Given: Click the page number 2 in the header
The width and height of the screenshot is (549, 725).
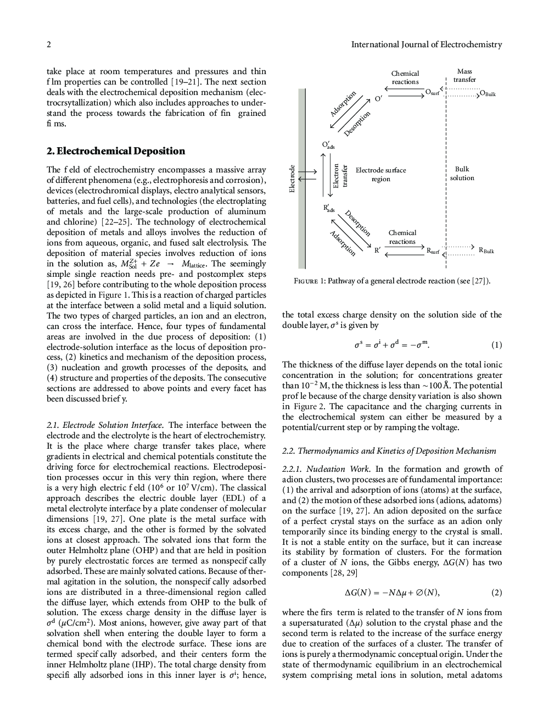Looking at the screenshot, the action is coord(49,44).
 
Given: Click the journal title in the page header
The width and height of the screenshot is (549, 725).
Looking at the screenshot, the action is coord(426,44).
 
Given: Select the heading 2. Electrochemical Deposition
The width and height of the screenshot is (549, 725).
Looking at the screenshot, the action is coord(116,151).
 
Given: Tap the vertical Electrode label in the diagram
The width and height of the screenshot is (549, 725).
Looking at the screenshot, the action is coord(293,179).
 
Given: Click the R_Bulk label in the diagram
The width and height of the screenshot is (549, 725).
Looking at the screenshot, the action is coord(486,250).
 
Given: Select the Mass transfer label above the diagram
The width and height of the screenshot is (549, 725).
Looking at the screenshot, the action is coord(464,76).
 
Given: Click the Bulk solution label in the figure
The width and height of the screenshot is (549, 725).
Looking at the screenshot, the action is coord(462,174).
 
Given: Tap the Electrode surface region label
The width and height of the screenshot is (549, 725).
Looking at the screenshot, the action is coord(380,174).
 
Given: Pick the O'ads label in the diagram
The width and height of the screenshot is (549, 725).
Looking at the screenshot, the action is coord(328,145).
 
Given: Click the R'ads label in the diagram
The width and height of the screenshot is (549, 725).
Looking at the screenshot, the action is coord(329,208).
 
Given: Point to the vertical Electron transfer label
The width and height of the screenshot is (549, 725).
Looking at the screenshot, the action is coord(340,176).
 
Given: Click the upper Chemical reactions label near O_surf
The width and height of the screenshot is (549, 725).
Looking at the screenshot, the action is coord(405,77).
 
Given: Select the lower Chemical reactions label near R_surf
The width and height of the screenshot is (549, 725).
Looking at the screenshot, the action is coord(402,237).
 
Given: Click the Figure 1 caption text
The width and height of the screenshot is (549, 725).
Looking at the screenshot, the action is coord(392,281).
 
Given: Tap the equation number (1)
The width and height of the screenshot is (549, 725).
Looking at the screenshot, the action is coord(496,345).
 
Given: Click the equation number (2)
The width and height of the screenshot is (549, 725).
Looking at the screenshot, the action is coord(496,593).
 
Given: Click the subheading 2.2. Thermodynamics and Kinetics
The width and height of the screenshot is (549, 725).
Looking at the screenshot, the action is coord(389,451).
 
